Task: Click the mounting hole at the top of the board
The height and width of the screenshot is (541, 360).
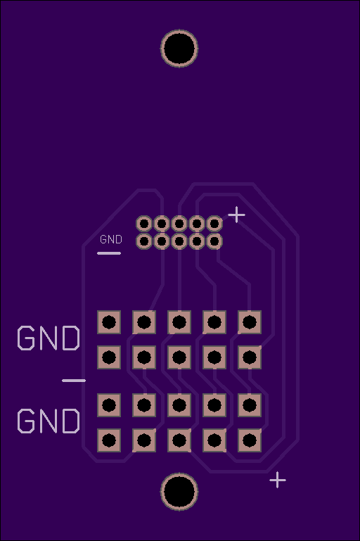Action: click(x=179, y=49)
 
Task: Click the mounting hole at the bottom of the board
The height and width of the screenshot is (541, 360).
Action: click(x=179, y=492)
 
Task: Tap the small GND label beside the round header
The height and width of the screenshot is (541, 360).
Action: click(x=111, y=239)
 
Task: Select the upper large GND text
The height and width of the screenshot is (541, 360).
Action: click(x=49, y=338)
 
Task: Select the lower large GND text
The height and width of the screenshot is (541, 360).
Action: click(x=49, y=421)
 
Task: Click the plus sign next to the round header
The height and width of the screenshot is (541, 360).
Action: click(x=236, y=215)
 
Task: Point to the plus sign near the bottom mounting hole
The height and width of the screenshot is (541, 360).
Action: click(x=278, y=480)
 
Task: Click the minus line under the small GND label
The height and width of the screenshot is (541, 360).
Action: click(x=109, y=253)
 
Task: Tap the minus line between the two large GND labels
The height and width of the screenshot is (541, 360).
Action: click(x=74, y=381)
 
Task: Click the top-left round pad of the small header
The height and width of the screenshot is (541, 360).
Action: click(x=144, y=224)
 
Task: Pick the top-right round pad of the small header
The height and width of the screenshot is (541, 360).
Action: click(x=214, y=224)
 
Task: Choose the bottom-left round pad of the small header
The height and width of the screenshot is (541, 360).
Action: click(x=144, y=241)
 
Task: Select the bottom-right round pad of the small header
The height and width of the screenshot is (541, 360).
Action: click(x=214, y=241)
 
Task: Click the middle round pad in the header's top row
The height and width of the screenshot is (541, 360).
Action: click(x=179, y=224)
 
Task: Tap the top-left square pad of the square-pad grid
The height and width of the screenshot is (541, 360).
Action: click(x=109, y=322)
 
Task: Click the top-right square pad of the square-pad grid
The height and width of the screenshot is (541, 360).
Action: click(x=250, y=322)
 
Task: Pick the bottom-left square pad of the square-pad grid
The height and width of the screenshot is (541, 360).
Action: click(x=109, y=440)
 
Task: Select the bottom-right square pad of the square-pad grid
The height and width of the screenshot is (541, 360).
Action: click(x=250, y=440)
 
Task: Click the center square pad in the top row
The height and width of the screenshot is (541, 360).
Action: click(x=179, y=322)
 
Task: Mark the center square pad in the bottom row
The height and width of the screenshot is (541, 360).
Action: click(x=179, y=440)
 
